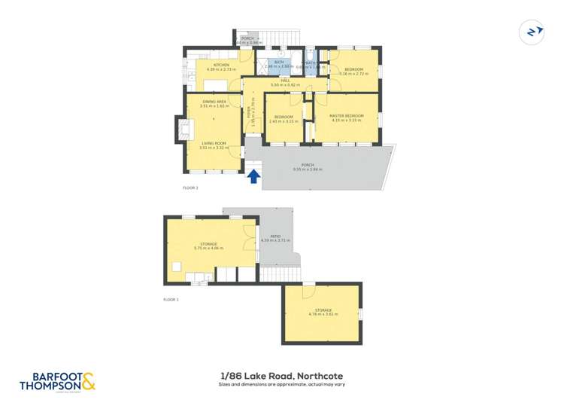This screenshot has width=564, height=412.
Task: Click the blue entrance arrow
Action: point(254,176)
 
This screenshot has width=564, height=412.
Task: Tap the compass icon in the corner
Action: point(532,32)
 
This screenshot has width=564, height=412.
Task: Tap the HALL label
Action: point(285,81)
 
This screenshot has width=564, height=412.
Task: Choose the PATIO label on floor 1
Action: point(275,238)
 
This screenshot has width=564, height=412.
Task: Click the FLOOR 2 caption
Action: point(190,188)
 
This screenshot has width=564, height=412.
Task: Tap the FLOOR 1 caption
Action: point(171,300)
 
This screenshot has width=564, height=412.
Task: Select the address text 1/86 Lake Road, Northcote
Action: point(281,375)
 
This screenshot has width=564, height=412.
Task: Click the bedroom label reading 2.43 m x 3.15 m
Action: point(284,118)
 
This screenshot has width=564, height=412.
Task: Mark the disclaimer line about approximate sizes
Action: point(281,385)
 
